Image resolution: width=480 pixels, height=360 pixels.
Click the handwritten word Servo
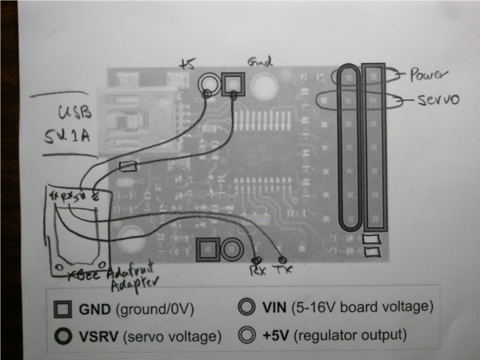[x=438, y=101]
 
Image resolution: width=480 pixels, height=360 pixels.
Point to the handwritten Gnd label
[x=261, y=61]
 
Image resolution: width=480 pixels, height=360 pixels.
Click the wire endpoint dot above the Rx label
[x=256, y=260]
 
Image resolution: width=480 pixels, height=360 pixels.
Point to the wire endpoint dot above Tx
[x=283, y=259]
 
